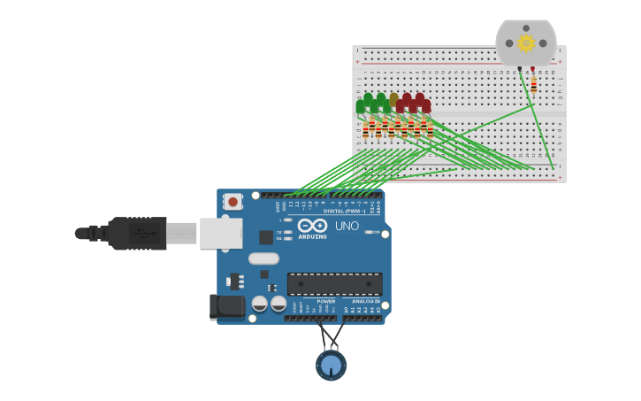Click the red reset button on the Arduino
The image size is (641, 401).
click(x=233, y=201)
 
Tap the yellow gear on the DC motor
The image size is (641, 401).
click(x=526, y=43)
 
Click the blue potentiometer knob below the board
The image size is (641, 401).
click(x=331, y=365)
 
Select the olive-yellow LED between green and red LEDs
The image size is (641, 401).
click(x=394, y=100)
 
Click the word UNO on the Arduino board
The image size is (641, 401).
click(x=347, y=226)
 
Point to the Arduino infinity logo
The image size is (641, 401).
click(x=312, y=226)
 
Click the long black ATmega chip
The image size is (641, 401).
click(x=335, y=284)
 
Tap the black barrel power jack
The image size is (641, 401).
click(x=227, y=307)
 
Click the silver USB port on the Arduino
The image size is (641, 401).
click(x=220, y=234)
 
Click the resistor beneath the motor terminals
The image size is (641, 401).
click(x=534, y=85)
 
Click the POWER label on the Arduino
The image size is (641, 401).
click(x=326, y=301)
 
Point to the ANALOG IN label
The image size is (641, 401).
click(x=365, y=301)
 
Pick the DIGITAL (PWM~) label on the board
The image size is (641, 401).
click(x=344, y=212)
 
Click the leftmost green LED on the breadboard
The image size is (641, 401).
click(x=361, y=107)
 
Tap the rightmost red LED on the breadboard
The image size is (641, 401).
click(x=426, y=106)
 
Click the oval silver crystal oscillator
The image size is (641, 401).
click(x=263, y=258)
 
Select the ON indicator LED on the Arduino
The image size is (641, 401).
click(x=370, y=232)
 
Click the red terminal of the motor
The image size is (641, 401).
click(x=532, y=68)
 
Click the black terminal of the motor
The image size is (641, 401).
click(x=520, y=68)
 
